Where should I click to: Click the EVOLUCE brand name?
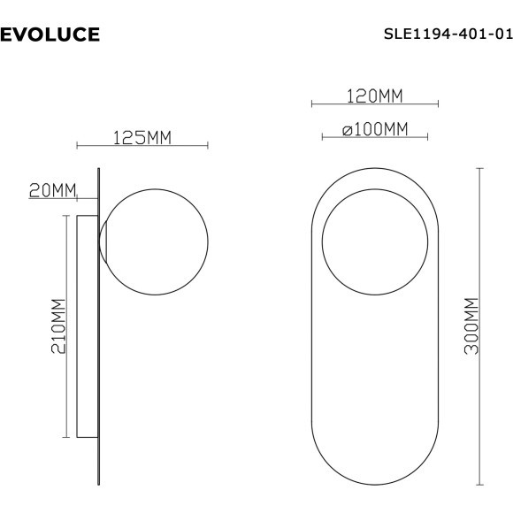coord(50,35)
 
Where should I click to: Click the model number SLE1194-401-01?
coord(448,35)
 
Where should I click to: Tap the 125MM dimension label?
coord(142,137)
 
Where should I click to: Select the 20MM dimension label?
coord(51,189)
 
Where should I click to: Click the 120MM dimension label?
coord(374,95)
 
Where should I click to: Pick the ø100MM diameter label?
coord(375,129)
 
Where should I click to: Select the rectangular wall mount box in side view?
coord(87,325)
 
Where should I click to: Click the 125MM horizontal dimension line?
coord(142,146)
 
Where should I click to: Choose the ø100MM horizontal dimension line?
coord(375,138)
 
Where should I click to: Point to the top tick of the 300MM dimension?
coord(481,167)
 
